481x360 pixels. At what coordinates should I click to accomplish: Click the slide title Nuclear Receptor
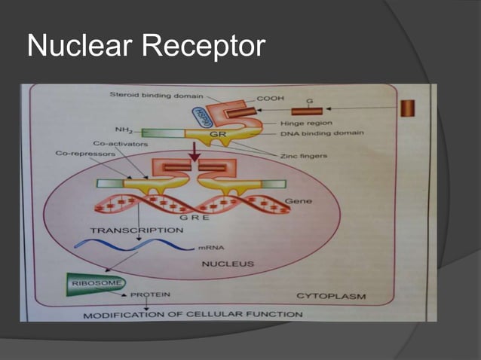pos(146,47)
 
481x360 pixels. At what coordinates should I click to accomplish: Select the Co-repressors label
pos(85,153)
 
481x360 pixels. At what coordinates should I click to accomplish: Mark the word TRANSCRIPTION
pos(136,229)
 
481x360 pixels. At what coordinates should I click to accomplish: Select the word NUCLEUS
pos(227,264)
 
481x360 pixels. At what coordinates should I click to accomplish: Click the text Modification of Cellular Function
pos(194,313)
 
